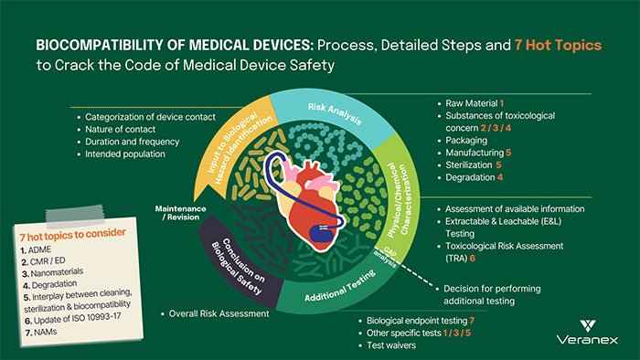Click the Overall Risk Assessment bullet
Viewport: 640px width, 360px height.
(x=219, y=313)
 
